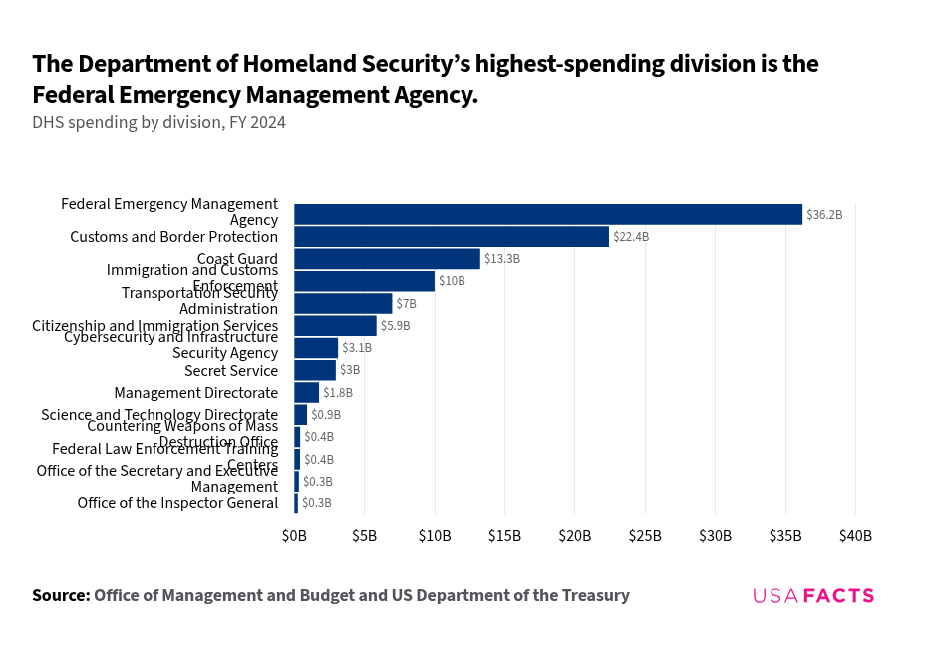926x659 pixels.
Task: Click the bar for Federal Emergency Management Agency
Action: [548, 214]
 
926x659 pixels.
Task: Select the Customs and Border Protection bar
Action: [452, 237]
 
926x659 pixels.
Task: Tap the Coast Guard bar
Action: [387, 259]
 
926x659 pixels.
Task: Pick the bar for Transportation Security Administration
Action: [343, 304]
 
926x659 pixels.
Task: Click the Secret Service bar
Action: [315, 370]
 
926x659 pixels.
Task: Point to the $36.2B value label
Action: [824, 215]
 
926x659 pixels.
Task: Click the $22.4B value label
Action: [631, 237]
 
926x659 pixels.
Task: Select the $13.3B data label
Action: [502, 259]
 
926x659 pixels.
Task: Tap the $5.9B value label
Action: [395, 326]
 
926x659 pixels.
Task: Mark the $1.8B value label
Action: [338, 393]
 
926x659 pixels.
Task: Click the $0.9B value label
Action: [326, 415]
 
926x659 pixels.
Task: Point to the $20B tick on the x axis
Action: [575, 536]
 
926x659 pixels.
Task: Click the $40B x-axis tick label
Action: [855, 536]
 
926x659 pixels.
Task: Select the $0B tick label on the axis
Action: [294, 536]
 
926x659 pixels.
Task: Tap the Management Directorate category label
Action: [195, 393]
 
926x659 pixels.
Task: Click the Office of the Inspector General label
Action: [177, 503]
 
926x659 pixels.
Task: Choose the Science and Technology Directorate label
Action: [159, 415]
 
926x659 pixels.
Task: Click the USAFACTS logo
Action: [813, 596]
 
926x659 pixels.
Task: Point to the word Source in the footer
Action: [60, 596]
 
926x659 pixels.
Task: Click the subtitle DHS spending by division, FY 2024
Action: [158, 123]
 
